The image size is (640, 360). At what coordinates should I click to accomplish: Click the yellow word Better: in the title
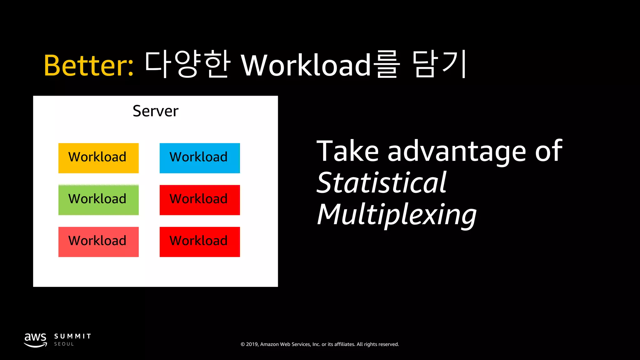(x=89, y=65)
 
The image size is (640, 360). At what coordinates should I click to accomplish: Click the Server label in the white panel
(x=155, y=111)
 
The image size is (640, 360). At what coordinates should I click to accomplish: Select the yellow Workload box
(x=98, y=158)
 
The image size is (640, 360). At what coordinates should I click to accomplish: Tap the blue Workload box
(x=200, y=158)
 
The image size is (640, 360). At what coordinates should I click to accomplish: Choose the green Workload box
(x=98, y=200)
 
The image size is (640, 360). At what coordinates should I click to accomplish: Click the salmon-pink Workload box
(x=98, y=242)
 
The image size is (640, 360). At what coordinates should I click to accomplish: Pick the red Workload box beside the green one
(x=200, y=200)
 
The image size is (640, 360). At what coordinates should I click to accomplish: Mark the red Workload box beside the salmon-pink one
(x=200, y=242)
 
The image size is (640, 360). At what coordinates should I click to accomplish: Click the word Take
(x=347, y=151)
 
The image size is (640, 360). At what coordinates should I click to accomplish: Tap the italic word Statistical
(x=382, y=183)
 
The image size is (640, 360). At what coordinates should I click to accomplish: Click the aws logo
(x=36, y=340)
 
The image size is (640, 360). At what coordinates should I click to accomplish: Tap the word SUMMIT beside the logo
(x=72, y=336)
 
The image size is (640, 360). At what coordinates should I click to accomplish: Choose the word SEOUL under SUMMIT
(x=64, y=344)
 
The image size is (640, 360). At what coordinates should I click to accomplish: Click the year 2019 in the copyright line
(x=252, y=344)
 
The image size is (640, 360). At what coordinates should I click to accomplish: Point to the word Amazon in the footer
(x=269, y=344)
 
